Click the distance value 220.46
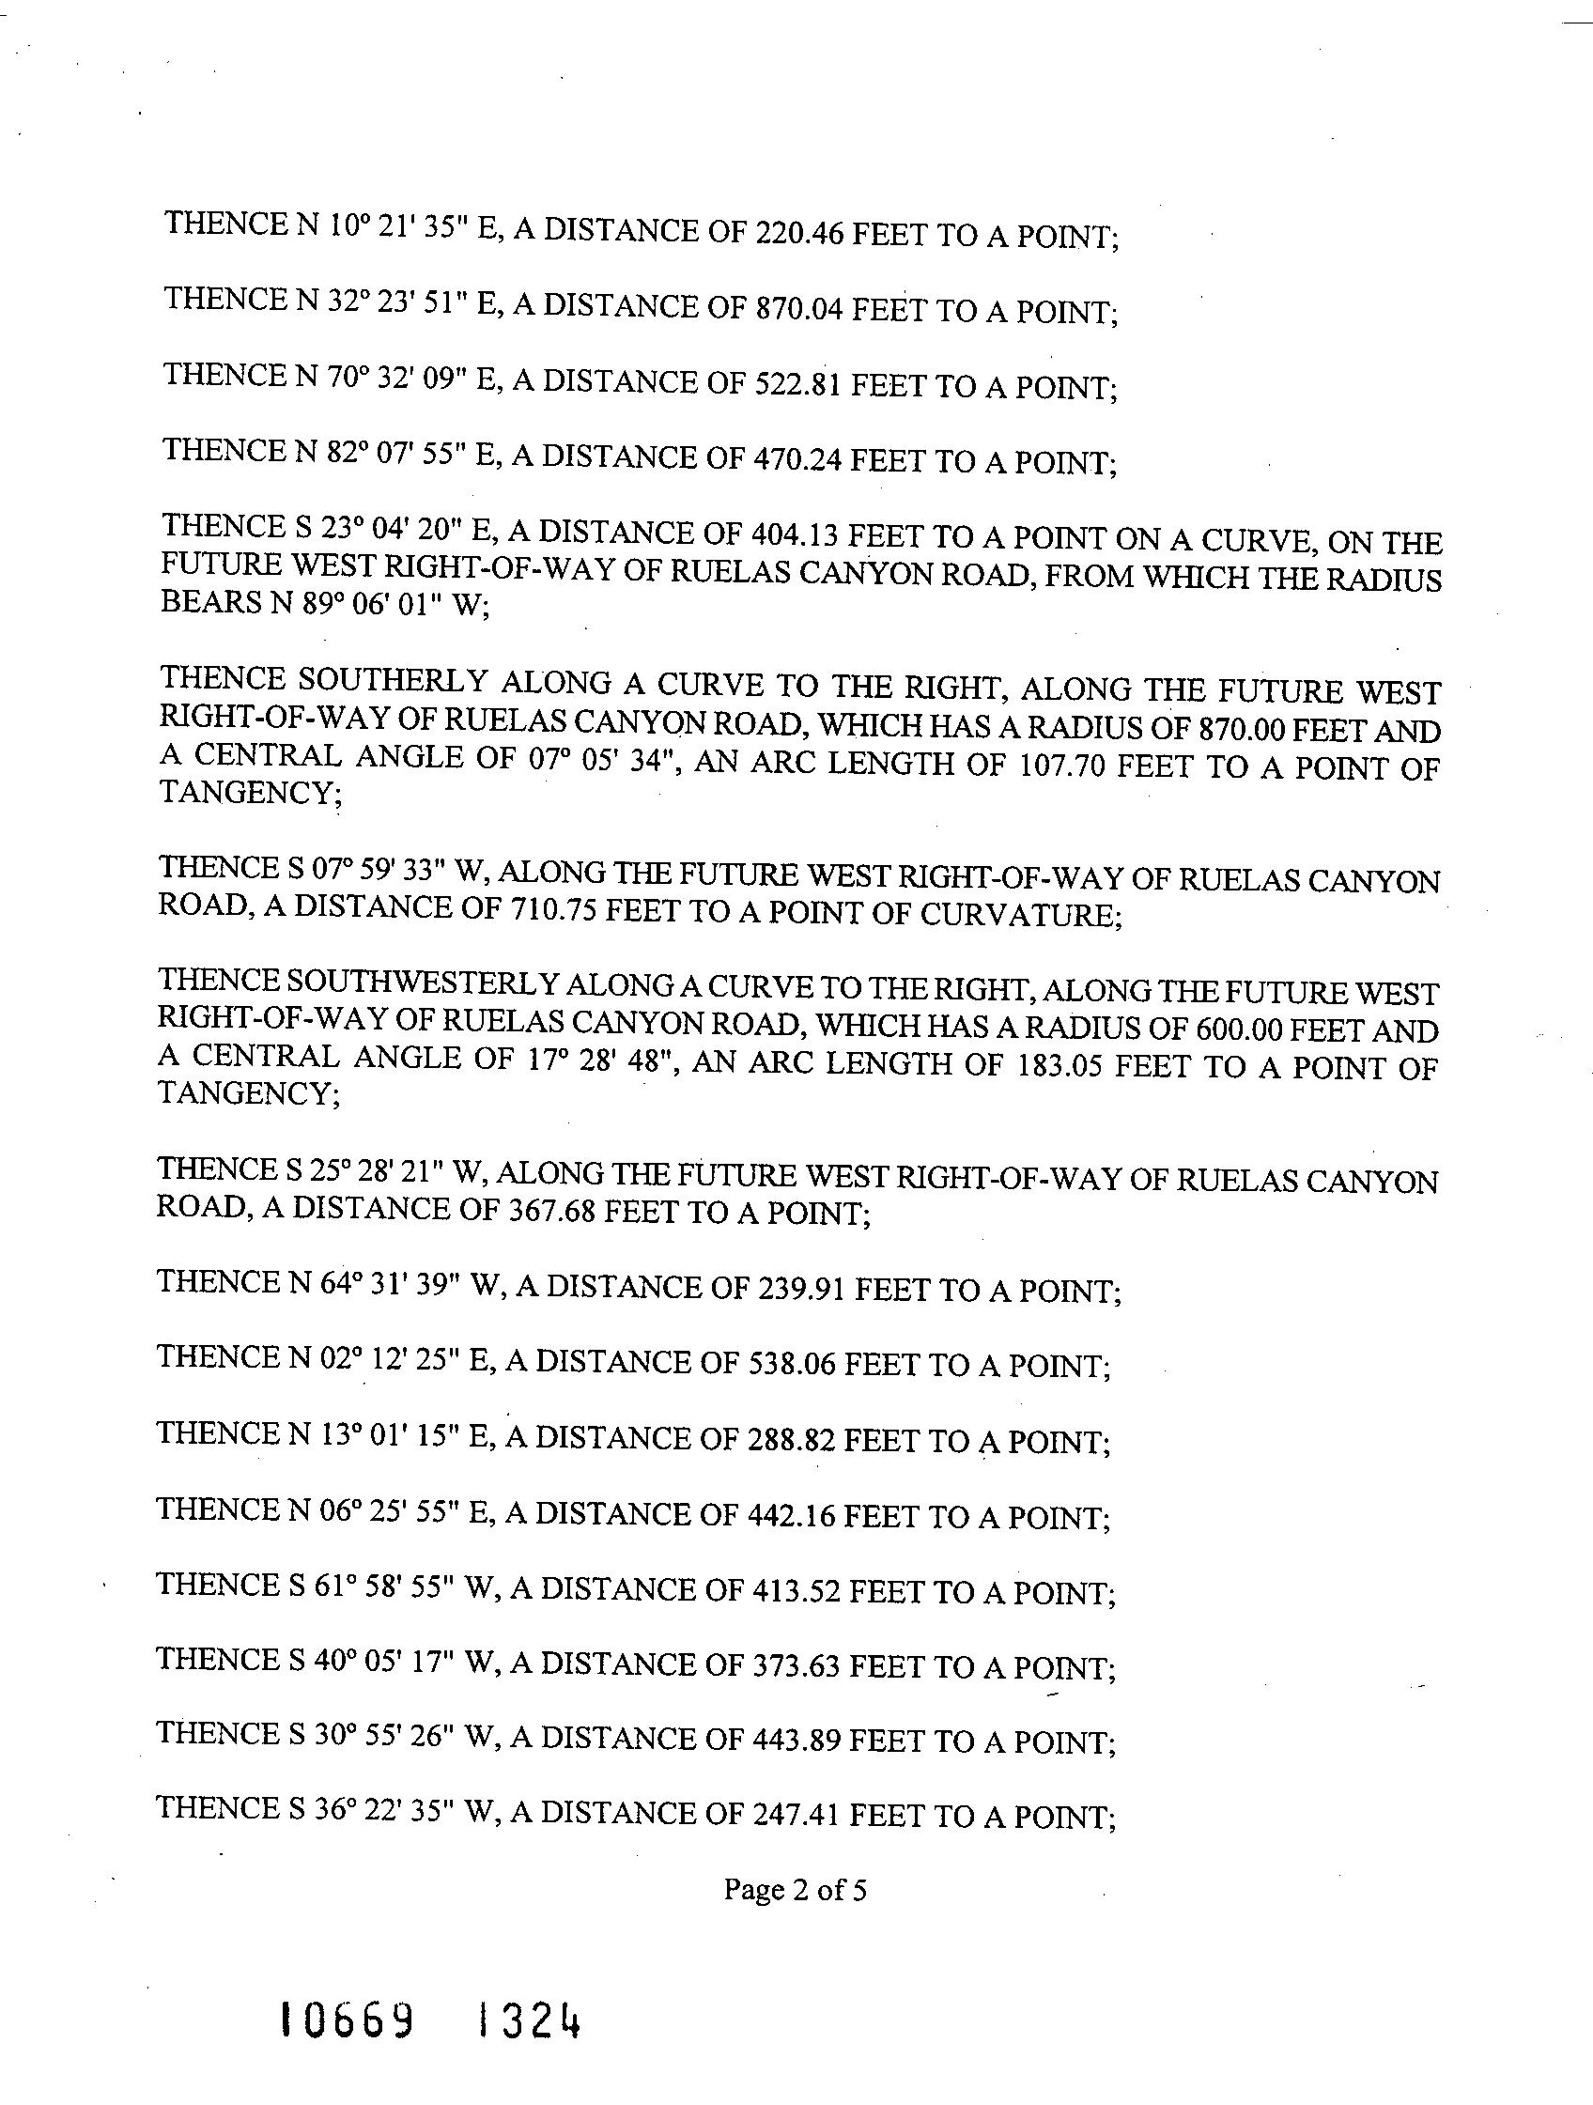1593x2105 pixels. [x=798, y=232]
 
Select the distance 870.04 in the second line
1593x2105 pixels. [x=798, y=308]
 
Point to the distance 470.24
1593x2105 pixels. [x=797, y=459]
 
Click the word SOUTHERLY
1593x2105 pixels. [x=393, y=680]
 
